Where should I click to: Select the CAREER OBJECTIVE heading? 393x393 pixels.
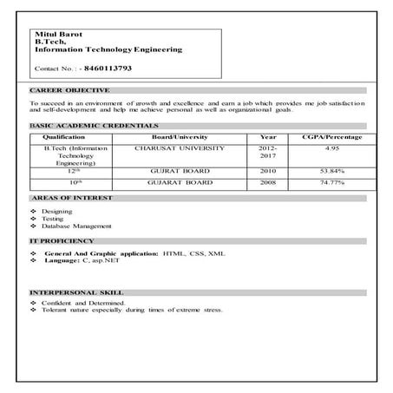[x=69, y=90]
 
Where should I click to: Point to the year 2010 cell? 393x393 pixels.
[x=268, y=172]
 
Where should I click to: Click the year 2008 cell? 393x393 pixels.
[x=268, y=183]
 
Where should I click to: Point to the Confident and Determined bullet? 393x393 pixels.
[x=83, y=304]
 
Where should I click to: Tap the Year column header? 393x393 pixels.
[x=268, y=137]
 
